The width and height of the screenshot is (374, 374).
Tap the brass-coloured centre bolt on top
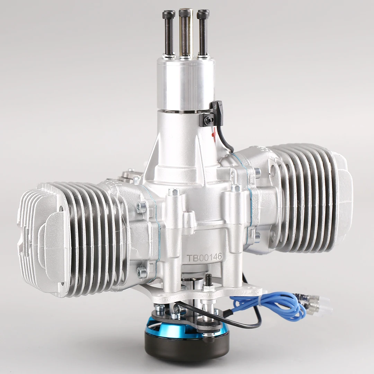(x=186, y=33)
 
